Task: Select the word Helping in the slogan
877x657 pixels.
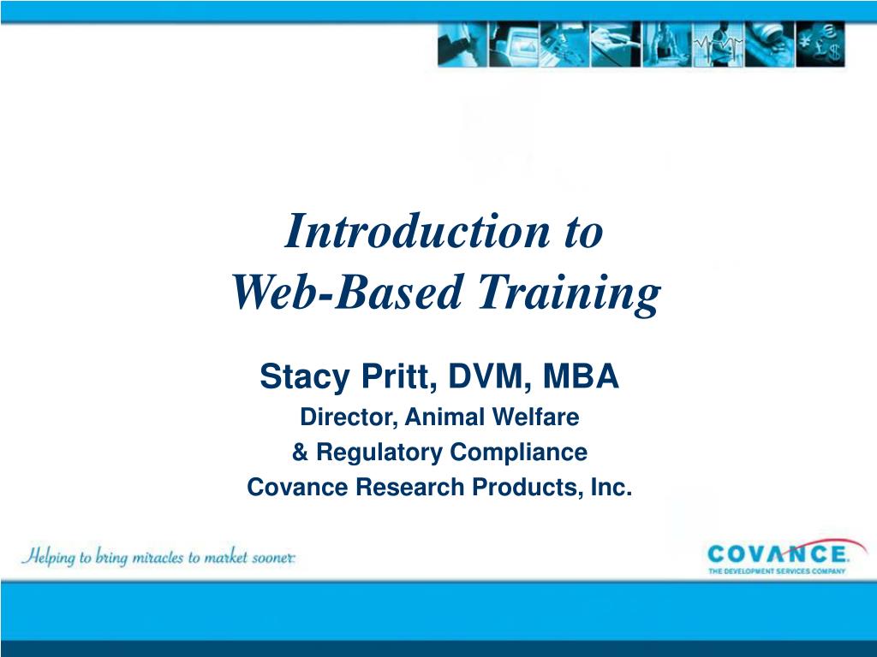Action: (50, 557)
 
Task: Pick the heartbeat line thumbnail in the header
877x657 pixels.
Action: (717, 45)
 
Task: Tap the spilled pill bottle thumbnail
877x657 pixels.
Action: (768, 45)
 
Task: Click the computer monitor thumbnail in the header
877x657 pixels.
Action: (513, 45)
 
